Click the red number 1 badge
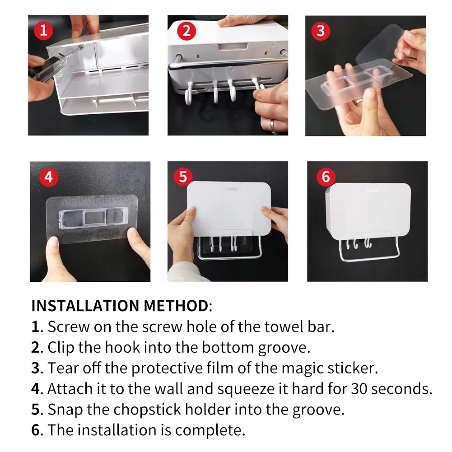(x=43, y=30)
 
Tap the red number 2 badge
(x=186, y=31)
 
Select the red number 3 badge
(x=321, y=31)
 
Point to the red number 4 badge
(x=49, y=177)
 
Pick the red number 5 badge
(x=183, y=177)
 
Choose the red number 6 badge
(x=326, y=177)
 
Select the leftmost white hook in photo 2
(x=189, y=93)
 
